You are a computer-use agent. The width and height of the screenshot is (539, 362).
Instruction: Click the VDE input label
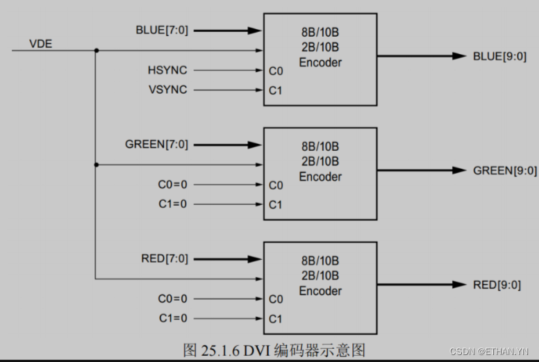[x=40, y=44]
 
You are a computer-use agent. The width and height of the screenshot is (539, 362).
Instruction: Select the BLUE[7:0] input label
[x=162, y=31]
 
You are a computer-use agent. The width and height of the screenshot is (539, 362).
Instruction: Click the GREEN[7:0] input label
[x=156, y=145]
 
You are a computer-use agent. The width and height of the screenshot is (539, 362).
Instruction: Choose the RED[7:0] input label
[x=164, y=259]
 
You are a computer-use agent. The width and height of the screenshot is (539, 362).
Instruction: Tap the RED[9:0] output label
[x=496, y=285]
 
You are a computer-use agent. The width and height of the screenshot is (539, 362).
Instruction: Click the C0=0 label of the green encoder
[x=172, y=185]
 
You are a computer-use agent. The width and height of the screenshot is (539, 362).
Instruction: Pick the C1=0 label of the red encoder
[x=172, y=318]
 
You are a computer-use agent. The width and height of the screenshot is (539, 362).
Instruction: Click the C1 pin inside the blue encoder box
[x=276, y=90]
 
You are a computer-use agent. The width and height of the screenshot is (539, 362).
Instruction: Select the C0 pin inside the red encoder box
[x=276, y=299]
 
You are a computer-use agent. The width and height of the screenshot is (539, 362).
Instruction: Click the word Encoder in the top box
[x=320, y=63]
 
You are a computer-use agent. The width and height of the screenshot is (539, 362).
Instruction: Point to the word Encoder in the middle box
[x=320, y=177]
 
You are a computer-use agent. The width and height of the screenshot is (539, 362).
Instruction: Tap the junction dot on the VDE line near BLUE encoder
[x=95, y=51]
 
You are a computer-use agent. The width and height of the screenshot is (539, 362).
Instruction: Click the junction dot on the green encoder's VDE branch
[x=95, y=165]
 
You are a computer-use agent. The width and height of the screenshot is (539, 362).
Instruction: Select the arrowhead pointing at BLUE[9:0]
[x=459, y=56]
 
